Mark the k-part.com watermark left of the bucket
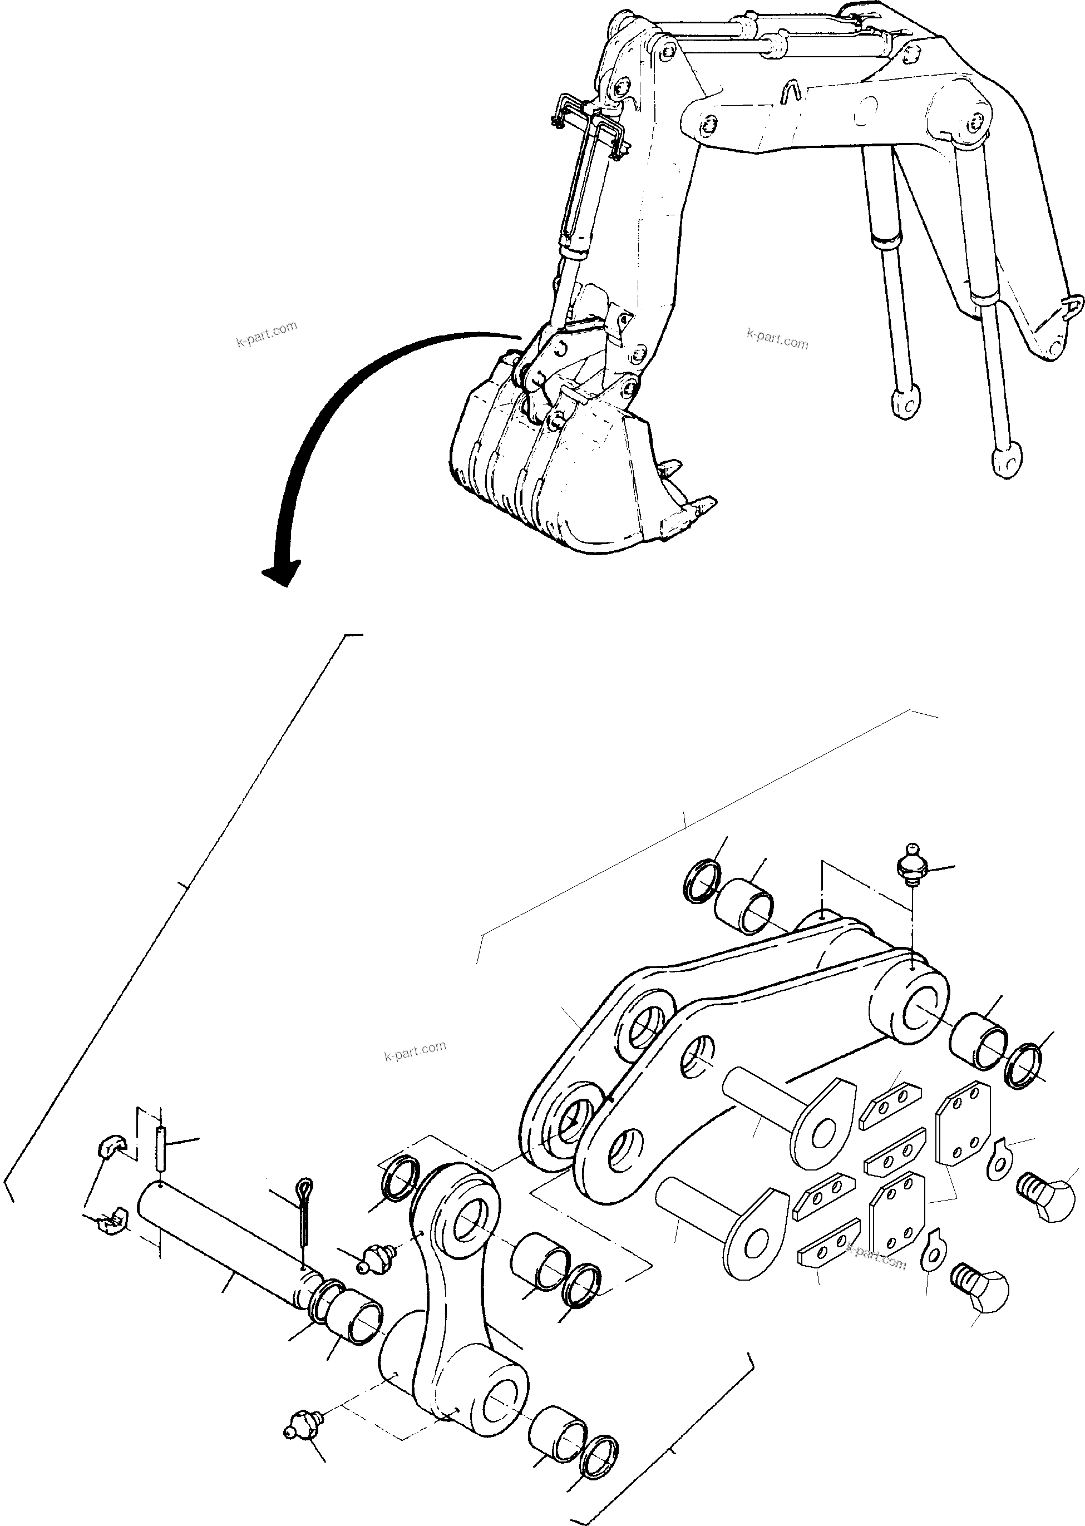[267, 334]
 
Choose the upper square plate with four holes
[963, 1122]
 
